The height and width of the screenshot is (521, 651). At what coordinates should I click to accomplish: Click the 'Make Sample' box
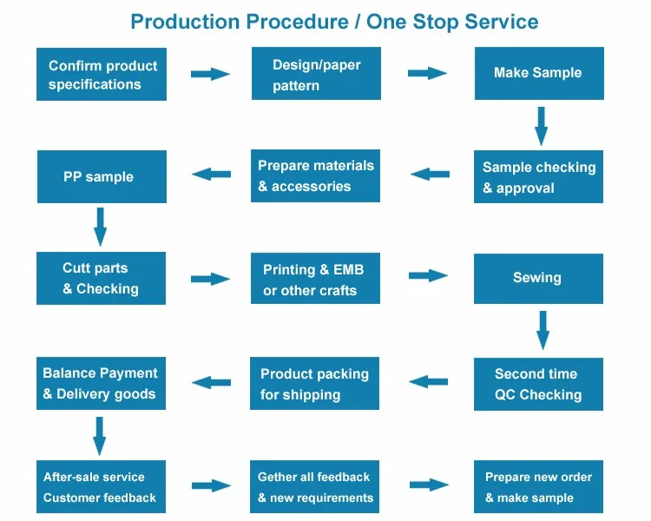point(539,73)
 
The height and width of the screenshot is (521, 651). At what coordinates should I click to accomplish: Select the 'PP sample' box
point(102,176)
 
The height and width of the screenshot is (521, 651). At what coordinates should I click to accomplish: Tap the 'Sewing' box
point(538,279)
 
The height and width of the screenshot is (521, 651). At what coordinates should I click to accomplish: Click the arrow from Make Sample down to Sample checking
point(541,126)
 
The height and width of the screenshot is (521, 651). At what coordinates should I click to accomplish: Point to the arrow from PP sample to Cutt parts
point(100,227)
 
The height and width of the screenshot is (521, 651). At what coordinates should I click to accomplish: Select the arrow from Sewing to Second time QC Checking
point(542,330)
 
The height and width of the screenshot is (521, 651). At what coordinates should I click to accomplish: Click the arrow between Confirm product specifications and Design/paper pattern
point(210,74)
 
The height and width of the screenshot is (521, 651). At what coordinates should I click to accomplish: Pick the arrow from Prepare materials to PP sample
point(211,174)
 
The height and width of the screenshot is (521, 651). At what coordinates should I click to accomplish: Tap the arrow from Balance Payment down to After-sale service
point(99,436)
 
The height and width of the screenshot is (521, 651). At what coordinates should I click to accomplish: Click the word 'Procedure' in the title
point(297,22)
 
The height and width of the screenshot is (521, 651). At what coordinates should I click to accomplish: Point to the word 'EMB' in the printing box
point(348,270)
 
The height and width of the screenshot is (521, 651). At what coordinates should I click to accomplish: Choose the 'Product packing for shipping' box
point(314,383)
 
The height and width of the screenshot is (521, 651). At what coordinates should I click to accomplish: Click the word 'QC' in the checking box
point(505,394)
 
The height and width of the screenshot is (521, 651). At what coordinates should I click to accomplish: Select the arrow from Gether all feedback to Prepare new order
point(429,485)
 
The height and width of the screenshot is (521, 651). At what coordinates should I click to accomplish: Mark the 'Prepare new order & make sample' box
point(538,486)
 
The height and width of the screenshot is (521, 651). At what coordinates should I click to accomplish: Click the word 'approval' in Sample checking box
point(525,188)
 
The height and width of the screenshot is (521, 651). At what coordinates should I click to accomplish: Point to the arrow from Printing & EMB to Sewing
point(428,275)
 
